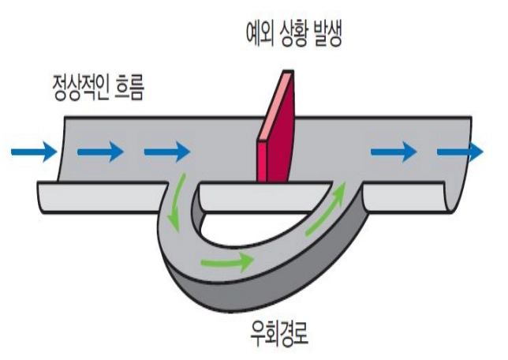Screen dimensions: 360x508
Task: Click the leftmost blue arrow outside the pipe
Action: [34, 149]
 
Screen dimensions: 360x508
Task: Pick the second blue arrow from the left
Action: [100, 149]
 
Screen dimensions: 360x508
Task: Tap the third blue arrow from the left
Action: [167, 149]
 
